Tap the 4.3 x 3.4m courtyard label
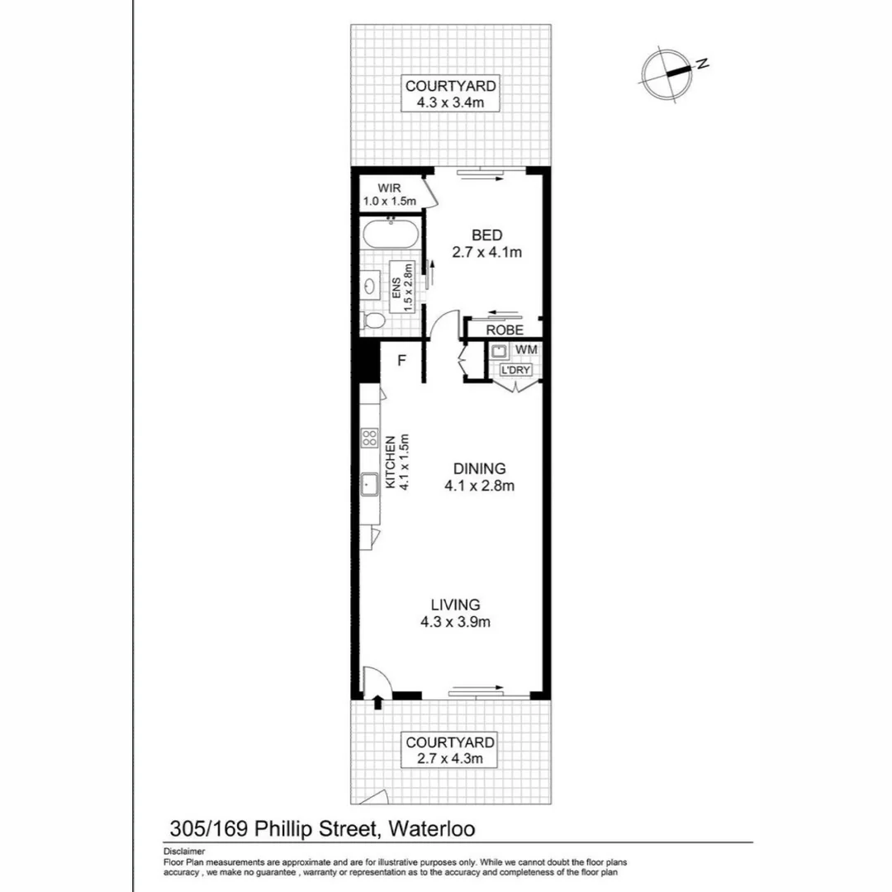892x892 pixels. (x=450, y=94)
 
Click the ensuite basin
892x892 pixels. (x=369, y=286)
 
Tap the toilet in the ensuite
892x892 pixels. (x=373, y=321)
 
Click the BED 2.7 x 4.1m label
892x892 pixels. (x=487, y=244)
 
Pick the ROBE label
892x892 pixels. (x=504, y=330)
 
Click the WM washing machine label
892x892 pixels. (x=525, y=350)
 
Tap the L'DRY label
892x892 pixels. (x=515, y=370)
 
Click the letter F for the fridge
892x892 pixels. (x=402, y=360)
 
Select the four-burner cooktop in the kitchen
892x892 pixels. (x=369, y=439)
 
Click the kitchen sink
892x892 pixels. (x=369, y=484)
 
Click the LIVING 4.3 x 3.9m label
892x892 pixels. (x=455, y=613)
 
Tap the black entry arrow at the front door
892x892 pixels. (x=378, y=703)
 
